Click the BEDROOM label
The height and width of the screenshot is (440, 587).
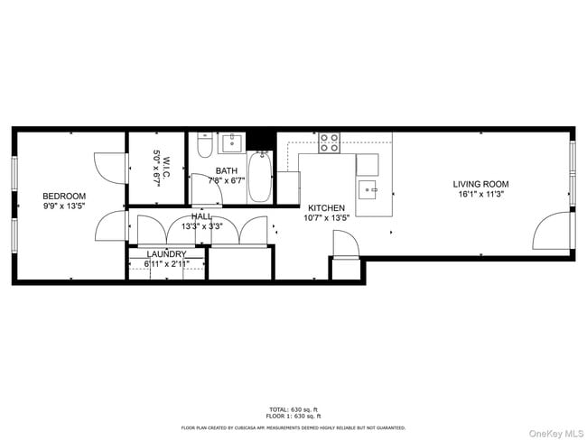coord(64,197)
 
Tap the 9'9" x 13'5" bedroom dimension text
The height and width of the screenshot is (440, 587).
coord(64,206)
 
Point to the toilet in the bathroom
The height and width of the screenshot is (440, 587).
coord(204,145)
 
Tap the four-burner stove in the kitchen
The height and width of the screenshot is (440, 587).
coord(330,142)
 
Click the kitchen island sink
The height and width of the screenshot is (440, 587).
coord(368,189)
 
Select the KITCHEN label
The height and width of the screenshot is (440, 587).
coord(326,207)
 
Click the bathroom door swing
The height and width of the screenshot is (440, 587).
coord(200,187)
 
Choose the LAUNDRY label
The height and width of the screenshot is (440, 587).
coord(166,254)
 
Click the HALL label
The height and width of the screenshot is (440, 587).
coord(201,216)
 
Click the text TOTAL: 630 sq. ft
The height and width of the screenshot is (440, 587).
coord(293,409)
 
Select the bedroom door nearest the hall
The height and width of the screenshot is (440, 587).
coord(111,227)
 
